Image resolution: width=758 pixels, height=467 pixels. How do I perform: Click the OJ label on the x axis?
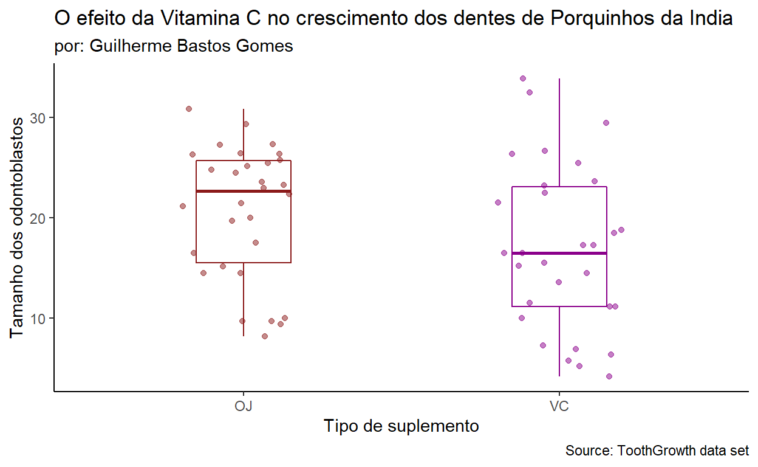(x=243, y=406)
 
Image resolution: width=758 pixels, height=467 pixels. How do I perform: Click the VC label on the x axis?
(x=559, y=406)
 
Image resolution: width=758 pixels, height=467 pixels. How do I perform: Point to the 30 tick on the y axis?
(x=38, y=117)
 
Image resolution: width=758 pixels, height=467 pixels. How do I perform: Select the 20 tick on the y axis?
(x=38, y=218)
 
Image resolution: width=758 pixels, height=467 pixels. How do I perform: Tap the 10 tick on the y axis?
(x=38, y=318)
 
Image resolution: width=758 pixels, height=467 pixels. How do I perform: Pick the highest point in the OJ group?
(x=189, y=109)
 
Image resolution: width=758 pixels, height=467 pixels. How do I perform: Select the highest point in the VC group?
(x=523, y=78)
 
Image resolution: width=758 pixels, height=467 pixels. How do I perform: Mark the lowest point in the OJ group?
(x=265, y=336)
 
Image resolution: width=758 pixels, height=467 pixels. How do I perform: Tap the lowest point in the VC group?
(x=609, y=376)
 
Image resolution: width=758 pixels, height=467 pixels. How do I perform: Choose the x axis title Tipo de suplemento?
(x=401, y=426)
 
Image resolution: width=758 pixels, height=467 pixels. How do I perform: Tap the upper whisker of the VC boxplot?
(x=559, y=131)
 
